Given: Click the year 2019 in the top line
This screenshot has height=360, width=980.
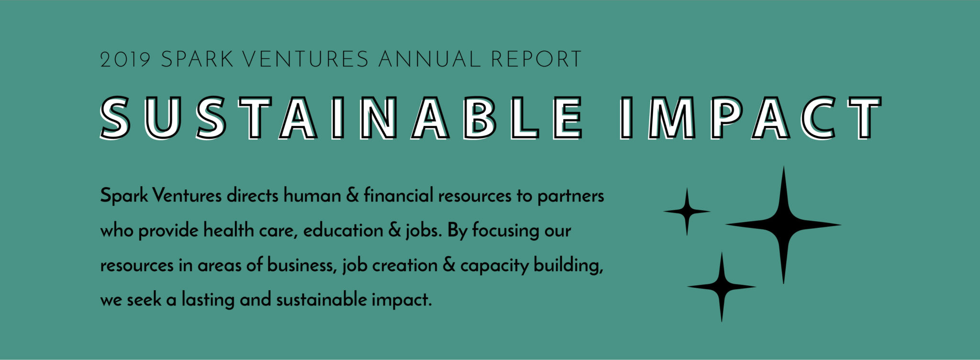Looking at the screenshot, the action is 125,59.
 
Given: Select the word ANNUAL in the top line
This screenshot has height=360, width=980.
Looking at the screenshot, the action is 429,59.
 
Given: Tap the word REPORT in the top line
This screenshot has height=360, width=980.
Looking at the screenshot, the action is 536,59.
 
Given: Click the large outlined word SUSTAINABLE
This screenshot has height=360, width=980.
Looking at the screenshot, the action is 341,118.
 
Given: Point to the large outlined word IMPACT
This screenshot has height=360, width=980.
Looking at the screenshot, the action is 750,118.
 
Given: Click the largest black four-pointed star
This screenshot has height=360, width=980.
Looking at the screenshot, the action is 783,225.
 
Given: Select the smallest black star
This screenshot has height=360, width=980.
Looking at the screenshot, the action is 687,211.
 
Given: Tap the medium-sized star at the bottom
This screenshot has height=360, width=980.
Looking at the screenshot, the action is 722,287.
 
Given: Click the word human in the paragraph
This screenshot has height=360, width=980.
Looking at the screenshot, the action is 312,196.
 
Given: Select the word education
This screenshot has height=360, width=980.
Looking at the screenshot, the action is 343,230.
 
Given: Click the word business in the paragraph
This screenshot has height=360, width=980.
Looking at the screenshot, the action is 301,265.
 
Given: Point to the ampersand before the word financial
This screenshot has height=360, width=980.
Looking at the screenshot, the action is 353,196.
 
